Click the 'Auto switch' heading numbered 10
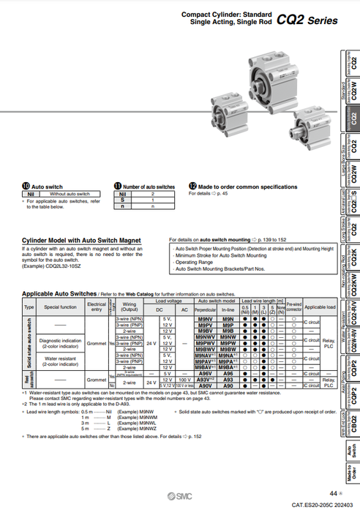coord(48,187)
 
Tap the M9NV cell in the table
coord(206,320)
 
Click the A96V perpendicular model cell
coord(206,373)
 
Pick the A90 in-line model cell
coord(228,385)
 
